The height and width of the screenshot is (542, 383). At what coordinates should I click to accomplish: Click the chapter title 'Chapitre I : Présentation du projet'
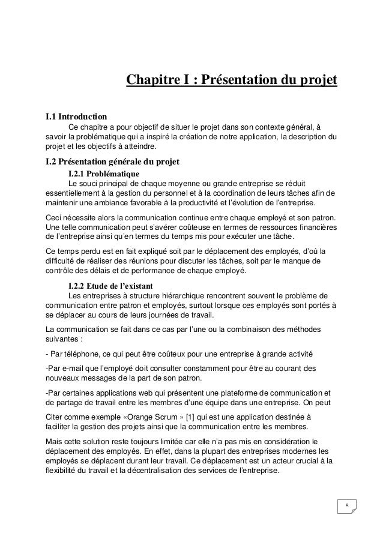coord(231,80)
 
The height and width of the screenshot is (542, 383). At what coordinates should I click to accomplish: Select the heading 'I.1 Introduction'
coord(77,115)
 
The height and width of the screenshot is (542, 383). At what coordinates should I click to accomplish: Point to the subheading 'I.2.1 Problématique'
coord(104,173)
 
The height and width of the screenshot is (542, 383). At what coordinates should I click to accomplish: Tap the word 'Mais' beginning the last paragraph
coord(55,440)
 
